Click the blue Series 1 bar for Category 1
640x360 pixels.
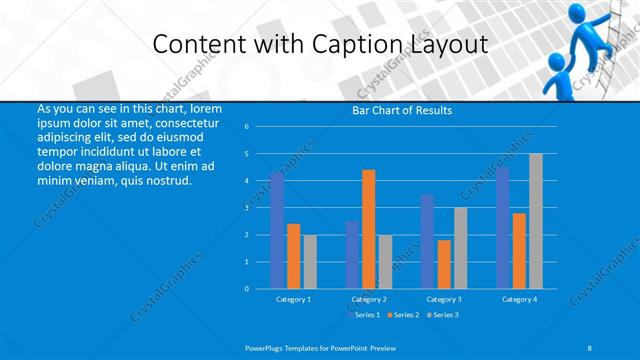277,230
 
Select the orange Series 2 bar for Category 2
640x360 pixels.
369,229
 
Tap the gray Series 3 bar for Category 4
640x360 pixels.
536,221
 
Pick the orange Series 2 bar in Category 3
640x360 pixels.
444,264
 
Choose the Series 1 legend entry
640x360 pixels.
365,315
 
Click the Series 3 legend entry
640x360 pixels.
443,315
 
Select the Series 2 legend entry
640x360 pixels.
404,315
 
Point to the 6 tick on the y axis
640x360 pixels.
246,127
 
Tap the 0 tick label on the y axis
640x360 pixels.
246,289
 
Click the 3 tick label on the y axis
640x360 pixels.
246,208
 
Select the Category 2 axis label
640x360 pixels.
369,299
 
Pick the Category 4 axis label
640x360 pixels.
519,299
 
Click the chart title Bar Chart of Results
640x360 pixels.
402,110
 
